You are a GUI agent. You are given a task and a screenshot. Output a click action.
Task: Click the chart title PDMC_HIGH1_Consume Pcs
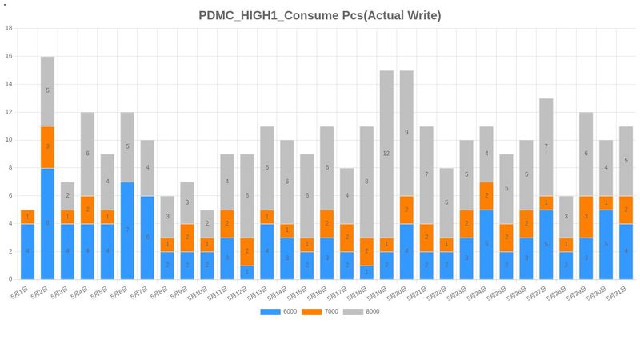point(319,15)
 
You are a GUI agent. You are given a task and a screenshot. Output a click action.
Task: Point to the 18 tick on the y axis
point(9,28)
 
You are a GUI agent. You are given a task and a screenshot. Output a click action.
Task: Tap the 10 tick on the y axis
point(9,140)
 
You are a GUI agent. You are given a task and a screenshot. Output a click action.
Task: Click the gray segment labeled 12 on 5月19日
point(386,154)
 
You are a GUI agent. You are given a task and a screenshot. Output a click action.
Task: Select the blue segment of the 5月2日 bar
point(47,223)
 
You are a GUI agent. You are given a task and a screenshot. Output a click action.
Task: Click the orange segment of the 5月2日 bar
point(47,147)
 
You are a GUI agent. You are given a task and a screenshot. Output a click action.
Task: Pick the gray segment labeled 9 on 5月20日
point(406,133)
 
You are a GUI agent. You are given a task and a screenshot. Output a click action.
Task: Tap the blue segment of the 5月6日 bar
point(127,230)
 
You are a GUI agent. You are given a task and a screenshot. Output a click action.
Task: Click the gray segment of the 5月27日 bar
point(546,147)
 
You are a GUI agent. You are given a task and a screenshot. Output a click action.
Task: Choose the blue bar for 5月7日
point(147,238)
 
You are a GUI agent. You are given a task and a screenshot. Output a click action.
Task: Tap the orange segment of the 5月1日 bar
point(27,217)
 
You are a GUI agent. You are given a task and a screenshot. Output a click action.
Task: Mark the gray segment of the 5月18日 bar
point(366,182)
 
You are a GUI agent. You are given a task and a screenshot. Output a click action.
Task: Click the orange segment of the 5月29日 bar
point(586,217)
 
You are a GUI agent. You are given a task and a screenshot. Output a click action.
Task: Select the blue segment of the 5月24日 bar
point(486,244)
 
